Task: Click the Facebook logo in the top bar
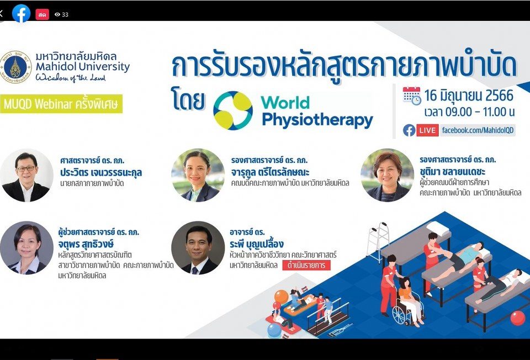point(22,14)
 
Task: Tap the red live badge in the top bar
point(43,14)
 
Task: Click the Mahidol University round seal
point(16,67)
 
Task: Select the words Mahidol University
point(83,67)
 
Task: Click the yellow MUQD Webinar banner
point(61,104)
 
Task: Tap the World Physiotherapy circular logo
point(233,110)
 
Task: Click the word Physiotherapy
point(317,120)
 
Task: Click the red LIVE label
point(427,130)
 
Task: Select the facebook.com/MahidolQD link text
point(478,130)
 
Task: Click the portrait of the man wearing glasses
point(26,175)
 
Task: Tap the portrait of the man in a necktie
point(198,248)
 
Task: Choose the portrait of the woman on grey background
point(26,248)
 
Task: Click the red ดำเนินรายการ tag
point(306,265)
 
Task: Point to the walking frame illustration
point(378,241)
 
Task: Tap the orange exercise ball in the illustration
point(281,297)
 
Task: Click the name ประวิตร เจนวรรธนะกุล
point(101,172)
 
